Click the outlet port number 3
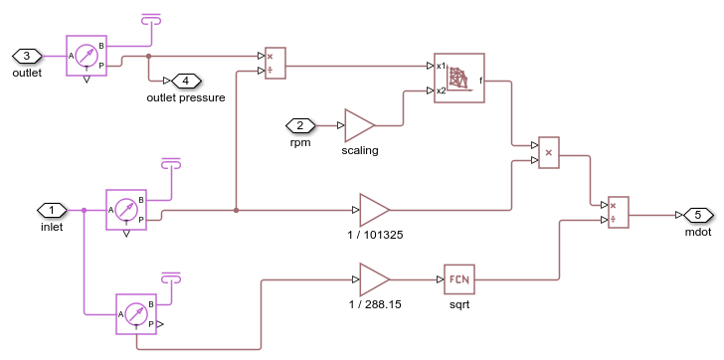(x=27, y=56)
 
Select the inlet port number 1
(x=52, y=210)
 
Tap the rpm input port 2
(x=299, y=125)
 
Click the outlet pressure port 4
(x=186, y=81)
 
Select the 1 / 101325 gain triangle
(x=374, y=210)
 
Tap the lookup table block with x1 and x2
(x=458, y=78)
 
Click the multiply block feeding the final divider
(x=549, y=153)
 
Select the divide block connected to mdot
(x=618, y=213)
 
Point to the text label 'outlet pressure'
(x=185, y=97)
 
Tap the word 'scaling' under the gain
(x=359, y=150)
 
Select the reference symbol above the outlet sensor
(x=150, y=19)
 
